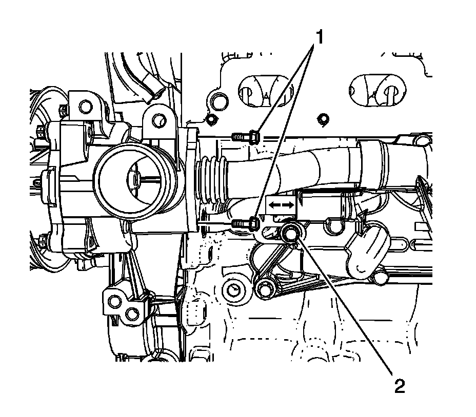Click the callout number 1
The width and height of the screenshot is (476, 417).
pyautogui.click(x=319, y=38)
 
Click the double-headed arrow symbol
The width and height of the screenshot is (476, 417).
pyautogui.click(x=282, y=204)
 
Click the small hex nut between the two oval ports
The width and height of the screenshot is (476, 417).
pyautogui.click(x=323, y=120)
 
